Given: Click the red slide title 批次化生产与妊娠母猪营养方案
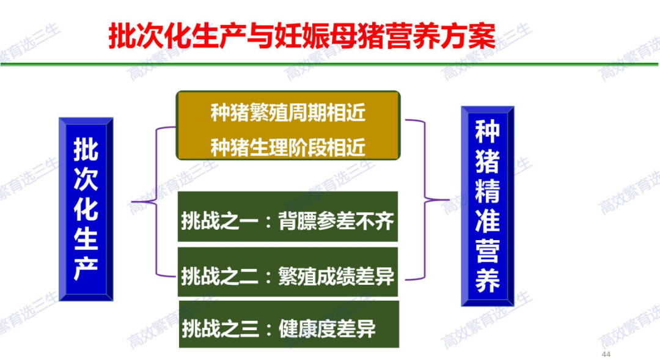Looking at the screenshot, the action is coord(302,36).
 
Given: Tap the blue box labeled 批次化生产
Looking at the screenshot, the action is coord(86,209).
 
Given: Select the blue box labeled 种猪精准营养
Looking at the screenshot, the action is coord(488,206).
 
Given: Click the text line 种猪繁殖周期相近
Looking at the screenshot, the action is coord(288,113).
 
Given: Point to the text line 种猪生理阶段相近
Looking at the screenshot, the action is coord(288,147).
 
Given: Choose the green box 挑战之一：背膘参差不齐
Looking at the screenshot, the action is coord(287,216).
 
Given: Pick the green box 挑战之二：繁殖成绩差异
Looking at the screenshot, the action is coord(287,272).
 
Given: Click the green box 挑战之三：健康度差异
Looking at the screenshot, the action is coord(288,324).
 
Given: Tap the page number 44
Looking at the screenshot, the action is coord(606,354).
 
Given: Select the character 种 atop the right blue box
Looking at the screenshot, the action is coord(488,131).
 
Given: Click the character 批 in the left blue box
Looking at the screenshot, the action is coord(86,149).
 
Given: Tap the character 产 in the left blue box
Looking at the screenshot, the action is coord(86,268).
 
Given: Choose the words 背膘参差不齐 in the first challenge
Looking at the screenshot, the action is coord(336,221).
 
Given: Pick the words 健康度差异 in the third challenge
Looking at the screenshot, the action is coord(327,328).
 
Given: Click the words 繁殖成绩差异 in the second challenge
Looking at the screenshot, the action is coord(336,277).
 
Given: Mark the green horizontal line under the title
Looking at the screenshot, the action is coord(329,64).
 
